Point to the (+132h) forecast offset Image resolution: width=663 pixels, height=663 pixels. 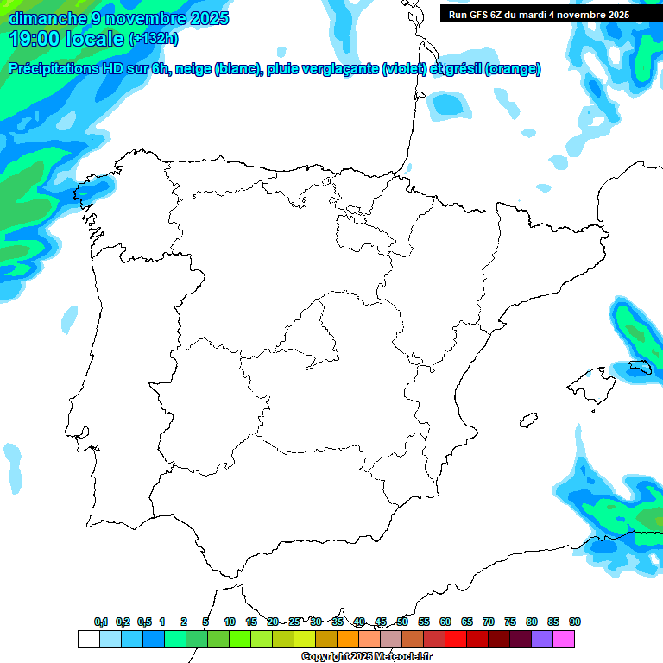(x=153, y=38)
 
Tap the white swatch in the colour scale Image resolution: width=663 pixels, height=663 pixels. (x=88, y=640)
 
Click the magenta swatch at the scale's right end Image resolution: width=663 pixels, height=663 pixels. (x=564, y=640)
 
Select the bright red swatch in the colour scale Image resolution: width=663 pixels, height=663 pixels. (x=456, y=640)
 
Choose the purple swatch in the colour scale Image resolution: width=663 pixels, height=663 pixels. (x=542, y=640)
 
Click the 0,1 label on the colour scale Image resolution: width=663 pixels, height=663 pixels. (x=101, y=622)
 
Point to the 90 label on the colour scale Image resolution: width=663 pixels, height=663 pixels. (x=575, y=622)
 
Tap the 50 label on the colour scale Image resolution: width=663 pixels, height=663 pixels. (x=402, y=622)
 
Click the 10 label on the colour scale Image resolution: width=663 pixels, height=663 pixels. (x=230, y=622)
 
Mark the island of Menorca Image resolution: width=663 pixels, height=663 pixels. (x=639, y=368)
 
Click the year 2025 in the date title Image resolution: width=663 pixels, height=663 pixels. (x=210, y=18)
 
